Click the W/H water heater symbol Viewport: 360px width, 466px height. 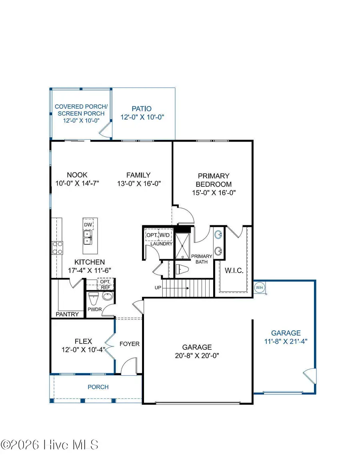click(259, 287)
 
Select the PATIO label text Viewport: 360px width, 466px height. click(142, 108)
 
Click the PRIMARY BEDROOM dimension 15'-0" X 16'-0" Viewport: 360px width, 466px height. click(214, 192)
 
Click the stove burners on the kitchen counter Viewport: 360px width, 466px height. click(57, 248)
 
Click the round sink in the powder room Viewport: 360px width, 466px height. click(107, 296)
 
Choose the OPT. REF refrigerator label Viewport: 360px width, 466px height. click(106, 284)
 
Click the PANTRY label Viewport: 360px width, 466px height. click(67, 314)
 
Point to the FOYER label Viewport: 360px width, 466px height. click(130, 344)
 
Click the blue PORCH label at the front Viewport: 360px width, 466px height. click(98, 387)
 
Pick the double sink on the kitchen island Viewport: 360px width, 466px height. click(88, 240)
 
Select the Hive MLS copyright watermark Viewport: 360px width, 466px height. click(50, 444)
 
